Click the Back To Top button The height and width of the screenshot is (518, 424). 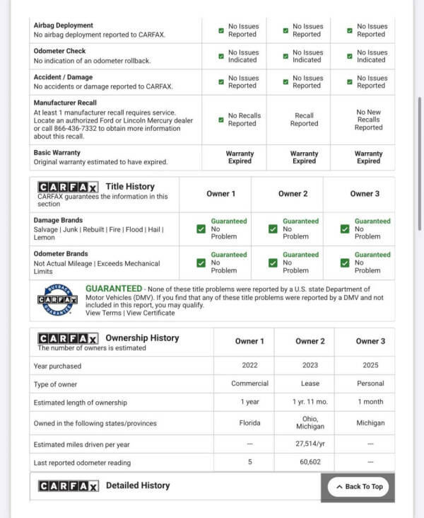click(358, 487)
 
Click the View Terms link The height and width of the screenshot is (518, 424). click(103, 313)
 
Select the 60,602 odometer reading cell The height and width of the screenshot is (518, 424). click(310, 462)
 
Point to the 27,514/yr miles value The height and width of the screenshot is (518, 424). click(310, 444)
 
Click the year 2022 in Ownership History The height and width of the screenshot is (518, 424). click(249, 366)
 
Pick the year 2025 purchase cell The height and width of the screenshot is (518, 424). click(370, 366)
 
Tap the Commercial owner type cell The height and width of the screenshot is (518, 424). click(249, 384)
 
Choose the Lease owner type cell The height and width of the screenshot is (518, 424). click(310, 384)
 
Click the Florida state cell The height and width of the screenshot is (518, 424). click(249, 423)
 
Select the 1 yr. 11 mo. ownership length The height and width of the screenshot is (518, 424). click(310, 403)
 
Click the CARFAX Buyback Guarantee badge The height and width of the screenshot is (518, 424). click(57, 300)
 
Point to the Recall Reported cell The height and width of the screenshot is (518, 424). click(305, 120)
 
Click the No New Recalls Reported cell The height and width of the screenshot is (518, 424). click(368, 120)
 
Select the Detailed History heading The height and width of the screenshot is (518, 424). click(138, 485)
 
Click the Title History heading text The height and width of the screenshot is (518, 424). click(130, 187)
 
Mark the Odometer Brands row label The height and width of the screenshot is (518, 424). click(61, 254)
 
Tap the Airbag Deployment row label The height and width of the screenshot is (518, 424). click(64, 25)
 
